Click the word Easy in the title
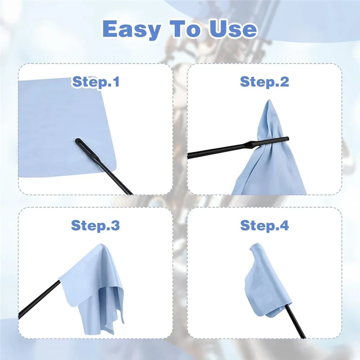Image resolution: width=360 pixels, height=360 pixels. click(131, 29)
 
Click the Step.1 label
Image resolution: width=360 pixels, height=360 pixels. click(95, 82)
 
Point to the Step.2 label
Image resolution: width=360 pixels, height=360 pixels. click(265, 82)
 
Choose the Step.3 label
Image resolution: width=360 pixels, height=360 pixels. click(95, 225)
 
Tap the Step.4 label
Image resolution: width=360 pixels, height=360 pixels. click(265, 225)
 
